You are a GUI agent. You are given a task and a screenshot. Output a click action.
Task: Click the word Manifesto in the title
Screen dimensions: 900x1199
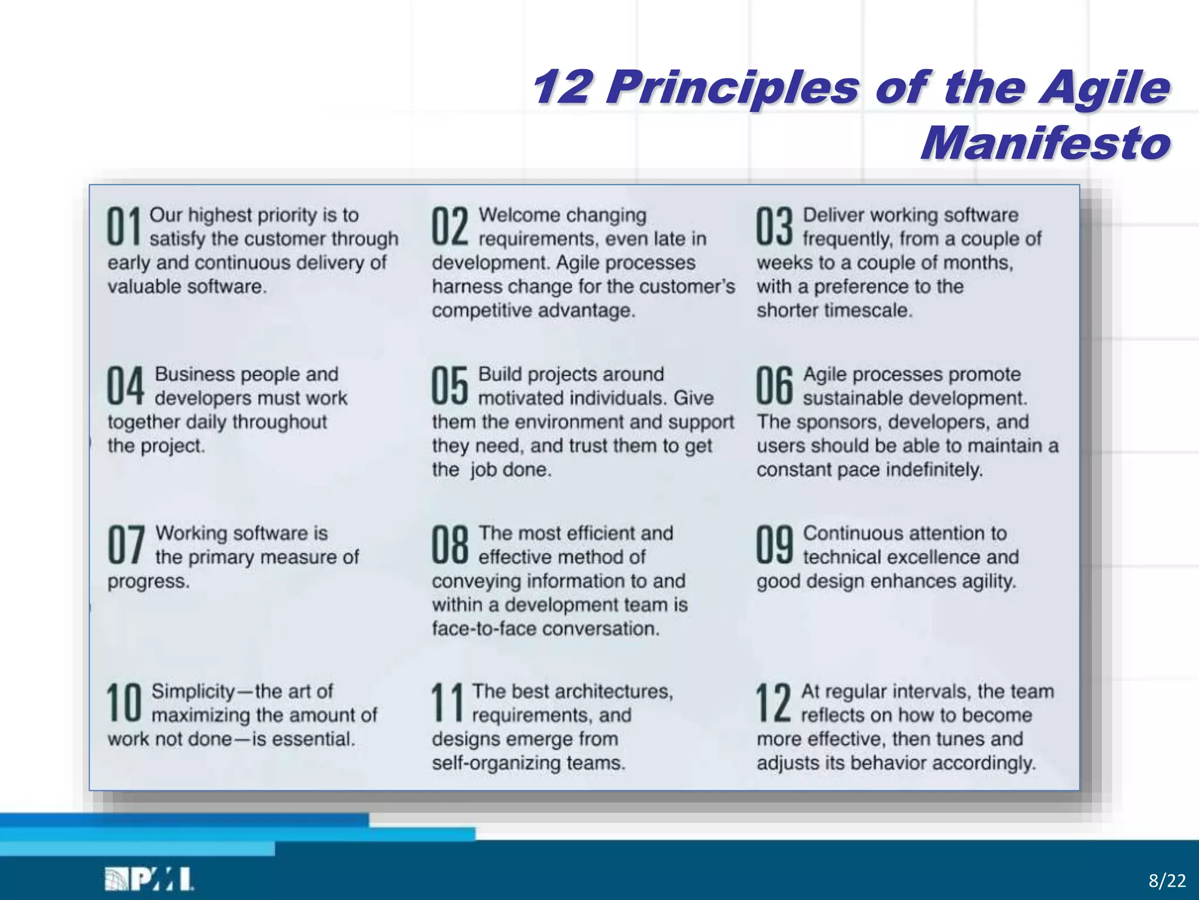(x=1046, y=143)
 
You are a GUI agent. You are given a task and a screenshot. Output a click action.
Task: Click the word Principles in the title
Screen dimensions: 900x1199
(x=731, y=88)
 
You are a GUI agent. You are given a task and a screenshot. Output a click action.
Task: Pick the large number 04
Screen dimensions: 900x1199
(x=125, y=386)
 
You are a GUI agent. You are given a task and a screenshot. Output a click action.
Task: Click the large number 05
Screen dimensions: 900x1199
(x=450, y=386)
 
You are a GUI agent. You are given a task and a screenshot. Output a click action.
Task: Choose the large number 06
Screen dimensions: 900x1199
(x=774, y=386)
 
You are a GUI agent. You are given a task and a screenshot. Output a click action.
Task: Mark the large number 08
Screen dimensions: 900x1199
(x=450, y=544)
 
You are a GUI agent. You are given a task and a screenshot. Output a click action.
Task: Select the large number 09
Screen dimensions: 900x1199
(x=774, y=544)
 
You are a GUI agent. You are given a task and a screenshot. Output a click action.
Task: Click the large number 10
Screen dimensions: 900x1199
(x=124, y=703)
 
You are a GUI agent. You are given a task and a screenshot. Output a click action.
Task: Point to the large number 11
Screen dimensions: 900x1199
(x=447, y=703)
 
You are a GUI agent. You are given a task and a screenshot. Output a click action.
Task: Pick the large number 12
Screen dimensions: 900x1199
(x=773, y=703)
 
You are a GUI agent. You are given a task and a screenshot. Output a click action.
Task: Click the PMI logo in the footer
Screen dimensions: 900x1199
(x=149, y=879)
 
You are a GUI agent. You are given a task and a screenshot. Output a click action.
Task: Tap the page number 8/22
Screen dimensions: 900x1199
(x=1167, y=881)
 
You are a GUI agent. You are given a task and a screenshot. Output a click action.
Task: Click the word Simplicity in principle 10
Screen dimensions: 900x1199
(x=193, y=691)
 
